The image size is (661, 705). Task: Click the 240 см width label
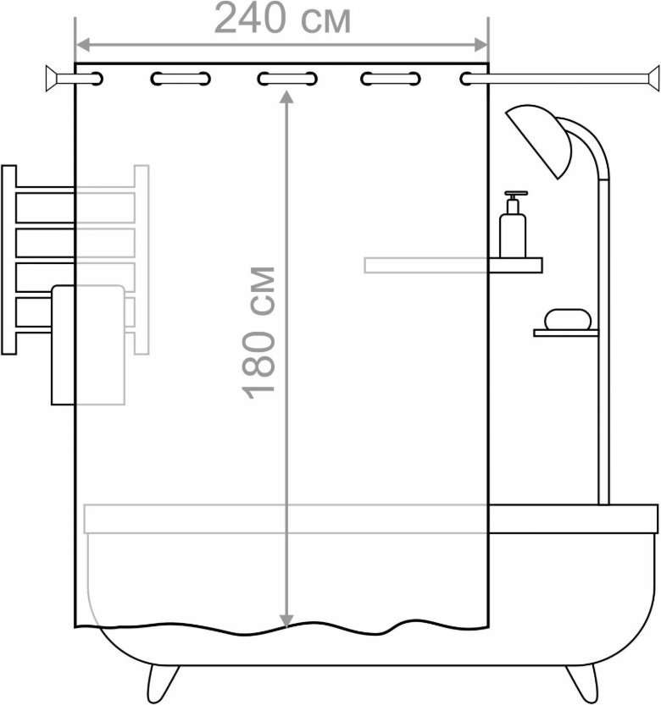coord(282,19)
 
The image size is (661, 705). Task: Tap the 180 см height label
coord(258,333)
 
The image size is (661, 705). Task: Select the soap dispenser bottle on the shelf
coord(513,225)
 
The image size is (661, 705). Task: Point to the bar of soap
coord(567,319)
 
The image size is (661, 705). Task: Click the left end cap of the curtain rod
coord(52,79)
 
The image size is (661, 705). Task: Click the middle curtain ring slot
coord(287,79)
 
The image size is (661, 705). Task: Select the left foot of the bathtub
coord(163,681)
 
